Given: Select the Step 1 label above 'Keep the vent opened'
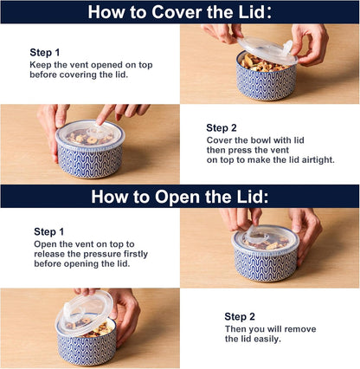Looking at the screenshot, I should click(46, 51).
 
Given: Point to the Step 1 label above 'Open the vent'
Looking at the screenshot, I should click(50, 231).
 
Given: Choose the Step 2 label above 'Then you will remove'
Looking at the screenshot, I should click(241, 316).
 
